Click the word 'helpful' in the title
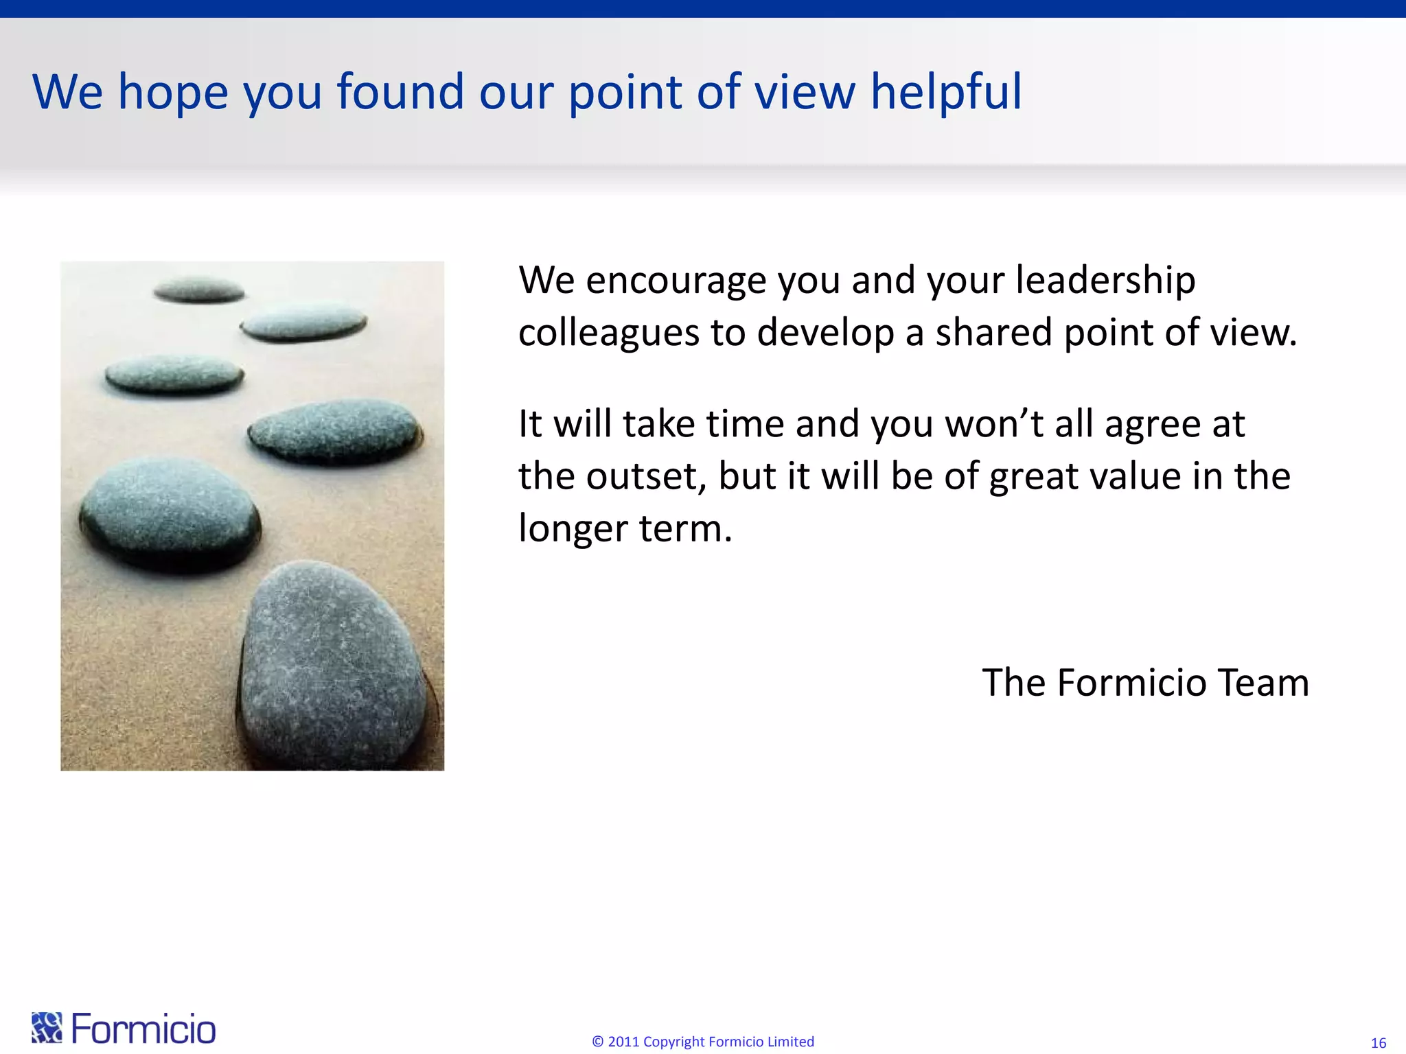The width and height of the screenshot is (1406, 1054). [946, 93]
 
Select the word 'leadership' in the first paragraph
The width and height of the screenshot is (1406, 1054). [1105, 281]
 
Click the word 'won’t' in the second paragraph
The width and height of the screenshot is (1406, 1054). [994, 424]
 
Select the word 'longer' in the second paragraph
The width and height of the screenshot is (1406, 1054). [573, 530]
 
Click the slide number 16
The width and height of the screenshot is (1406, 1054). [1378, 1043]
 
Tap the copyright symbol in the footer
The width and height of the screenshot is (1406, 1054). [597, 1042]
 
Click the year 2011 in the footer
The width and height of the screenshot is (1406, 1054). [623, 1042]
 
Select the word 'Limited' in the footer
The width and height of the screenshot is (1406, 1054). [790, 1042]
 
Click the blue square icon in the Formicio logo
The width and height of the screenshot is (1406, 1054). [47, 1027]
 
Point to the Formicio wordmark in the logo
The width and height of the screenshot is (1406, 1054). [143, 1029]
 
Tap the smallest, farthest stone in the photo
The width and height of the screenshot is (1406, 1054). [199, 290]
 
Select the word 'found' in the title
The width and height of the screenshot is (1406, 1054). [400, 93]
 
